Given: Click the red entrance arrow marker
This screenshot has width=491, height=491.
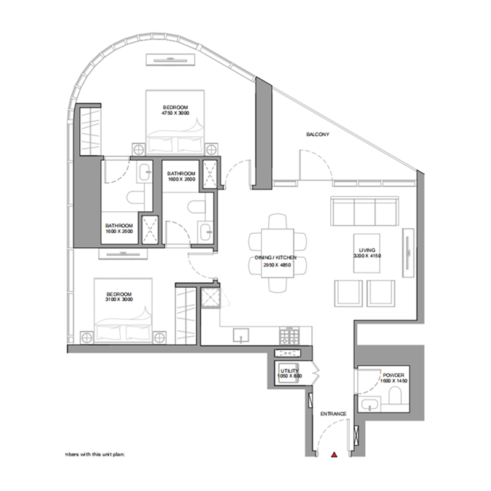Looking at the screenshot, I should pos(334,455).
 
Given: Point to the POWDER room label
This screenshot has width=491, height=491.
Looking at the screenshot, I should pos(393,378).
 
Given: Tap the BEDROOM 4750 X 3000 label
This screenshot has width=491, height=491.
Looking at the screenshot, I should pos(175,110).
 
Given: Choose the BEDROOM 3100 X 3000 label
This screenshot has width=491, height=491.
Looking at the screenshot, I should pos(123,298).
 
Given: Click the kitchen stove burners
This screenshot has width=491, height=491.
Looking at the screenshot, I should pos(287,336).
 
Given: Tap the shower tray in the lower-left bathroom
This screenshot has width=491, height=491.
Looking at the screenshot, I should pos(150,230).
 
